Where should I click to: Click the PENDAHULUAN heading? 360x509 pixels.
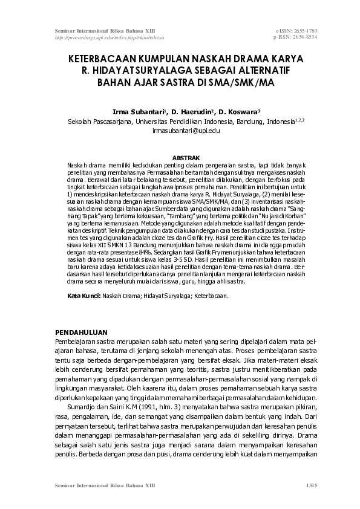tap(81, 332)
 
